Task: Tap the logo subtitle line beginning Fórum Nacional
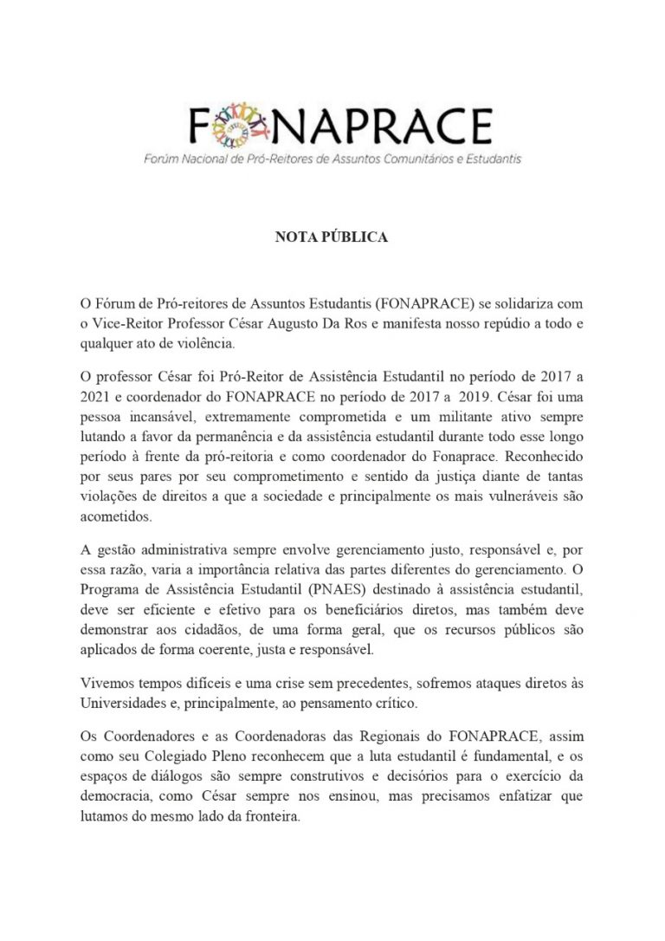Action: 332,159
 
